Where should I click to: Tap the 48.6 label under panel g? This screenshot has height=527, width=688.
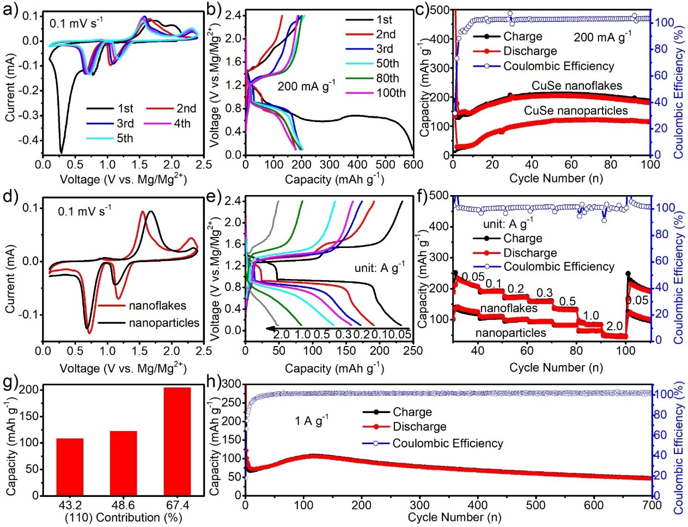123,505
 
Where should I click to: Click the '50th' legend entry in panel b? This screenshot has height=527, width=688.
387,64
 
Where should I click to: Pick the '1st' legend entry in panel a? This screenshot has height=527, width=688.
125,108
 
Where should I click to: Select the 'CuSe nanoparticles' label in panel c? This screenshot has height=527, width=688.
576,111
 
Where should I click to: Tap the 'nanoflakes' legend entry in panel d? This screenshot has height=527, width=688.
157,306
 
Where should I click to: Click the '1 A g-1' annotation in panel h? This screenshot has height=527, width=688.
312,421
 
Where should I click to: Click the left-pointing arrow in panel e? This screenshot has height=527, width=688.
272,329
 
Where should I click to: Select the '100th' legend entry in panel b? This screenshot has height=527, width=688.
391,93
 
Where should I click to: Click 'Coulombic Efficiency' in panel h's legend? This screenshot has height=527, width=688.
448,443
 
